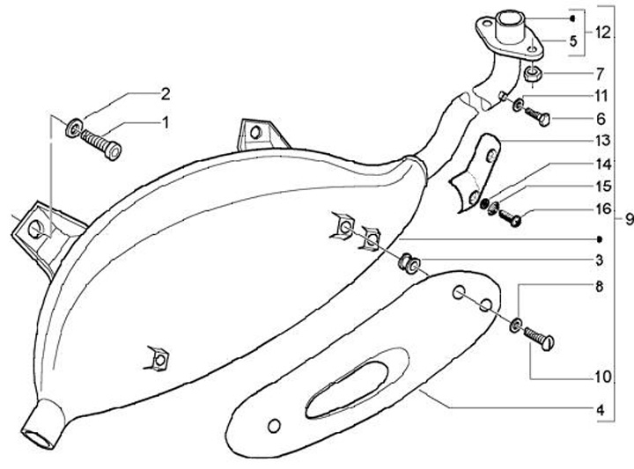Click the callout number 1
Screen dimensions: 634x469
(x=164, y=124)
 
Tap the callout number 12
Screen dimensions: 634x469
(x=601, y=33)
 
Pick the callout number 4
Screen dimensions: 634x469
(x=599, y=409)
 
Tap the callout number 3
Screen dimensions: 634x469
(x=599, y=260)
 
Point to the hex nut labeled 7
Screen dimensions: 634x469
(x=534, y=75)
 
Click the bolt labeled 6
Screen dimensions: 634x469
(x=538, y=115)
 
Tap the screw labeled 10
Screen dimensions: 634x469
(x=538, y=339)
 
